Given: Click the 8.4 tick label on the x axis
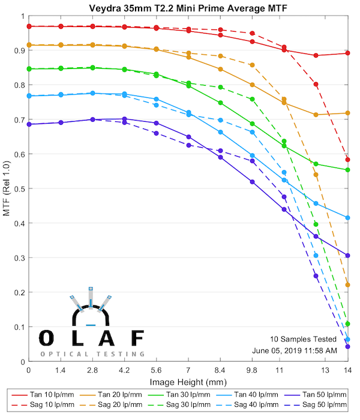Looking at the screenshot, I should pos(220,371).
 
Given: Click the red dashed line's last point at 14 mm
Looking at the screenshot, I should pos(347,159).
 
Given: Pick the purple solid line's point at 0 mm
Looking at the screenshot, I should pos(28,124).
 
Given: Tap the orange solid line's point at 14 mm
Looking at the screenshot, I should pos(347,113).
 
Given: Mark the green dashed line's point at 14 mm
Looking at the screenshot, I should pos(347,324).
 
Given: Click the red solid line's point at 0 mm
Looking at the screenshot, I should pos(28,26).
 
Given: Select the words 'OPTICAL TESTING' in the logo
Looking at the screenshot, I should pos(92,354).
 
